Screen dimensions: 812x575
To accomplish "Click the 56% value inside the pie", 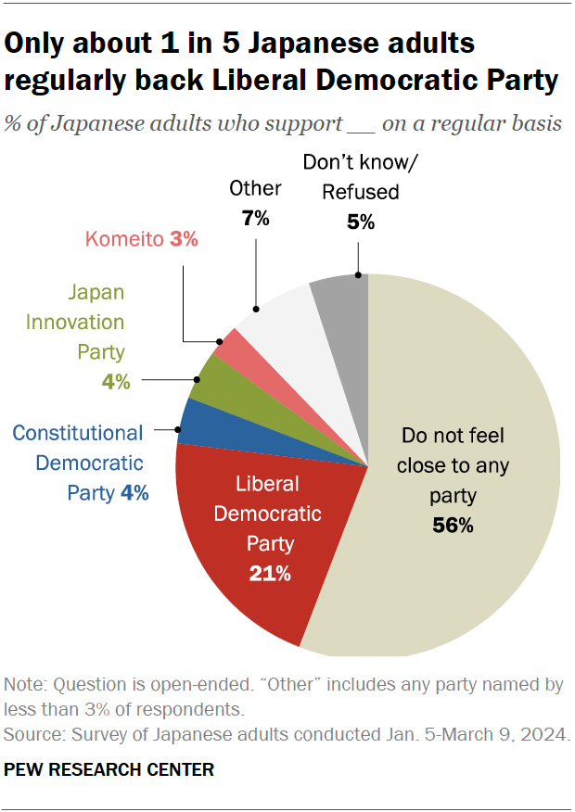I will click(453, 526).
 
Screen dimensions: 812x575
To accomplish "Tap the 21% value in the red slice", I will click(270, 574).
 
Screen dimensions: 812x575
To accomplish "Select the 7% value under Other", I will click(255, 219).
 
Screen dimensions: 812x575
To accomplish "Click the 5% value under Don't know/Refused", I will click(361, 222).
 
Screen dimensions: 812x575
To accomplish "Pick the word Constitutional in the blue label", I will click(78, 433).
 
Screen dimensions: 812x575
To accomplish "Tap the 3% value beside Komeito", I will click(184, 239).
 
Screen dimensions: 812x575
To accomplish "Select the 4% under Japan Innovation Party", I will click(115, 381).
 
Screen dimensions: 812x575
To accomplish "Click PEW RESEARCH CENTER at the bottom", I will click(109, 769).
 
